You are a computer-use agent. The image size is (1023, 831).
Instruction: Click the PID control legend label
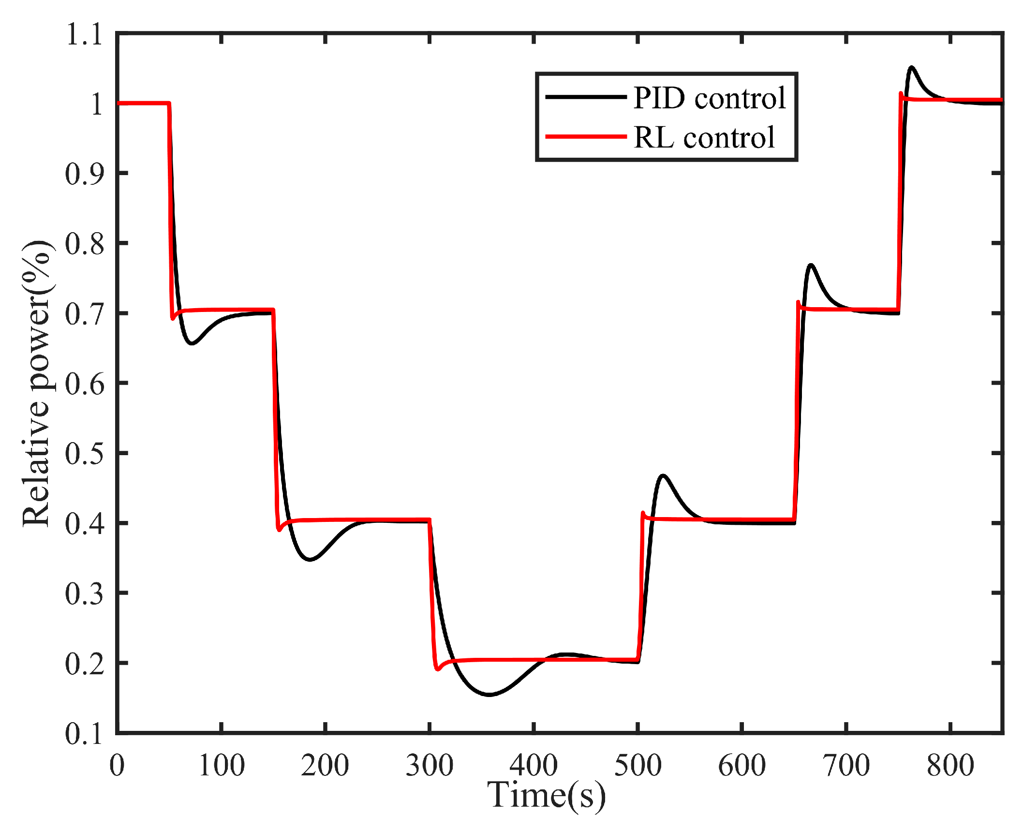click(709, 98)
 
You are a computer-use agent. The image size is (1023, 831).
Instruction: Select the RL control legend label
click(704, 137)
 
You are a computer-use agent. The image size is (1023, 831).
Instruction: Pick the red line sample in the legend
click(586, 137)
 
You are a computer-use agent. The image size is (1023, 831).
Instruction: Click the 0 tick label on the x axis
click(117, 765)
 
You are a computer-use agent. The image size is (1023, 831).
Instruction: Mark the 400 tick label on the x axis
click(534, 765)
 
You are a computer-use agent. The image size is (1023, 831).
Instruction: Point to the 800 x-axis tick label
click(950, 765)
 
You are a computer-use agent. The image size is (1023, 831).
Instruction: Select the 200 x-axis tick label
click(325, 765)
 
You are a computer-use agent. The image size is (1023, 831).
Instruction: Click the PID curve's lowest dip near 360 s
click(489, 695)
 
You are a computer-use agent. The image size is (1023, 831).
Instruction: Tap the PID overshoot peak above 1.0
click(912, 67)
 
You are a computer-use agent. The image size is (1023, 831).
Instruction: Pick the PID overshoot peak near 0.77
click(811, 265)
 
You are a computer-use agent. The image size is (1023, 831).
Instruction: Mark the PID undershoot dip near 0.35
click(310, 560)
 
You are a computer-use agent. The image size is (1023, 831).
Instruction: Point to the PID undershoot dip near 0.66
click(192, 343)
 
